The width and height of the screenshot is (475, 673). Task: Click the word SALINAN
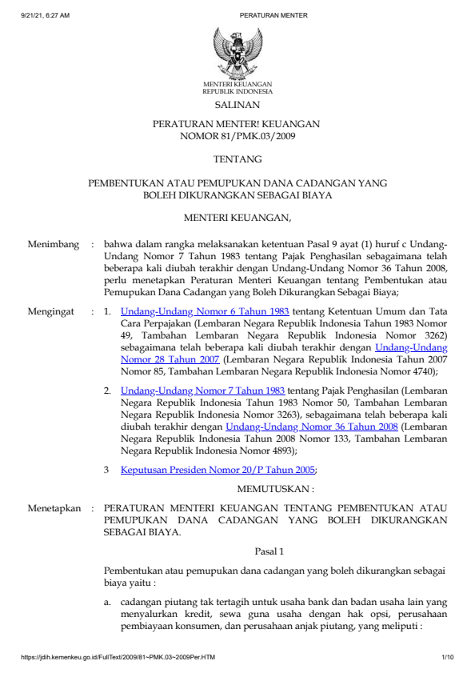[237, 105]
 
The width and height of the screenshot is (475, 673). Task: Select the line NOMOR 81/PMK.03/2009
[237, 137]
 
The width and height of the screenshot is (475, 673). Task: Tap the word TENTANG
[237, 160]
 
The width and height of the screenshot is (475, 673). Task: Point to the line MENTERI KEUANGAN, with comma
[237, 217]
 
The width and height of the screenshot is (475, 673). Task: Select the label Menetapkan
[55, 508]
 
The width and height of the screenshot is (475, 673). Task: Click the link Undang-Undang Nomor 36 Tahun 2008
[312, 427]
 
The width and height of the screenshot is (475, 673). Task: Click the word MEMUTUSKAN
[273, 487]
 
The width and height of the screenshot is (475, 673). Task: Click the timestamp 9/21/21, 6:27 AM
[46, 15]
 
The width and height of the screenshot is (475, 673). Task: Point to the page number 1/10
[447, 658]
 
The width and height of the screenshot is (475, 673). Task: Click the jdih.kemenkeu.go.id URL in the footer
[118, 658]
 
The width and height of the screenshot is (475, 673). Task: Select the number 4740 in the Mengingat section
[421, 371]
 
